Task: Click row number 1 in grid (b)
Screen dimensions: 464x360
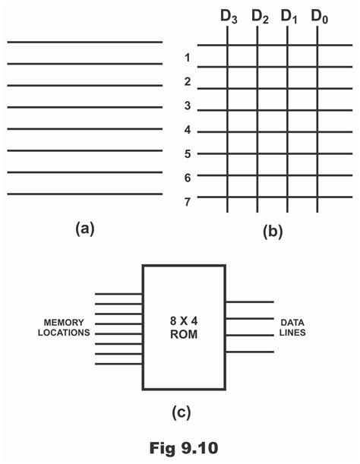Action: (187, 58)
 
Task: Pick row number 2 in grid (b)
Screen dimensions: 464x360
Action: (187, 81)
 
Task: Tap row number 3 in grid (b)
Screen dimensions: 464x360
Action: (187, 106)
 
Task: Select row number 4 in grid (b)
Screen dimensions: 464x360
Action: (187, 130)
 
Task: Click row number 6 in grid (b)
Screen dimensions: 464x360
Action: (187, 177)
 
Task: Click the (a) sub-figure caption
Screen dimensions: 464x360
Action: (84, 229)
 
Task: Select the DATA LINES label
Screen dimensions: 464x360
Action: (295, 327)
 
